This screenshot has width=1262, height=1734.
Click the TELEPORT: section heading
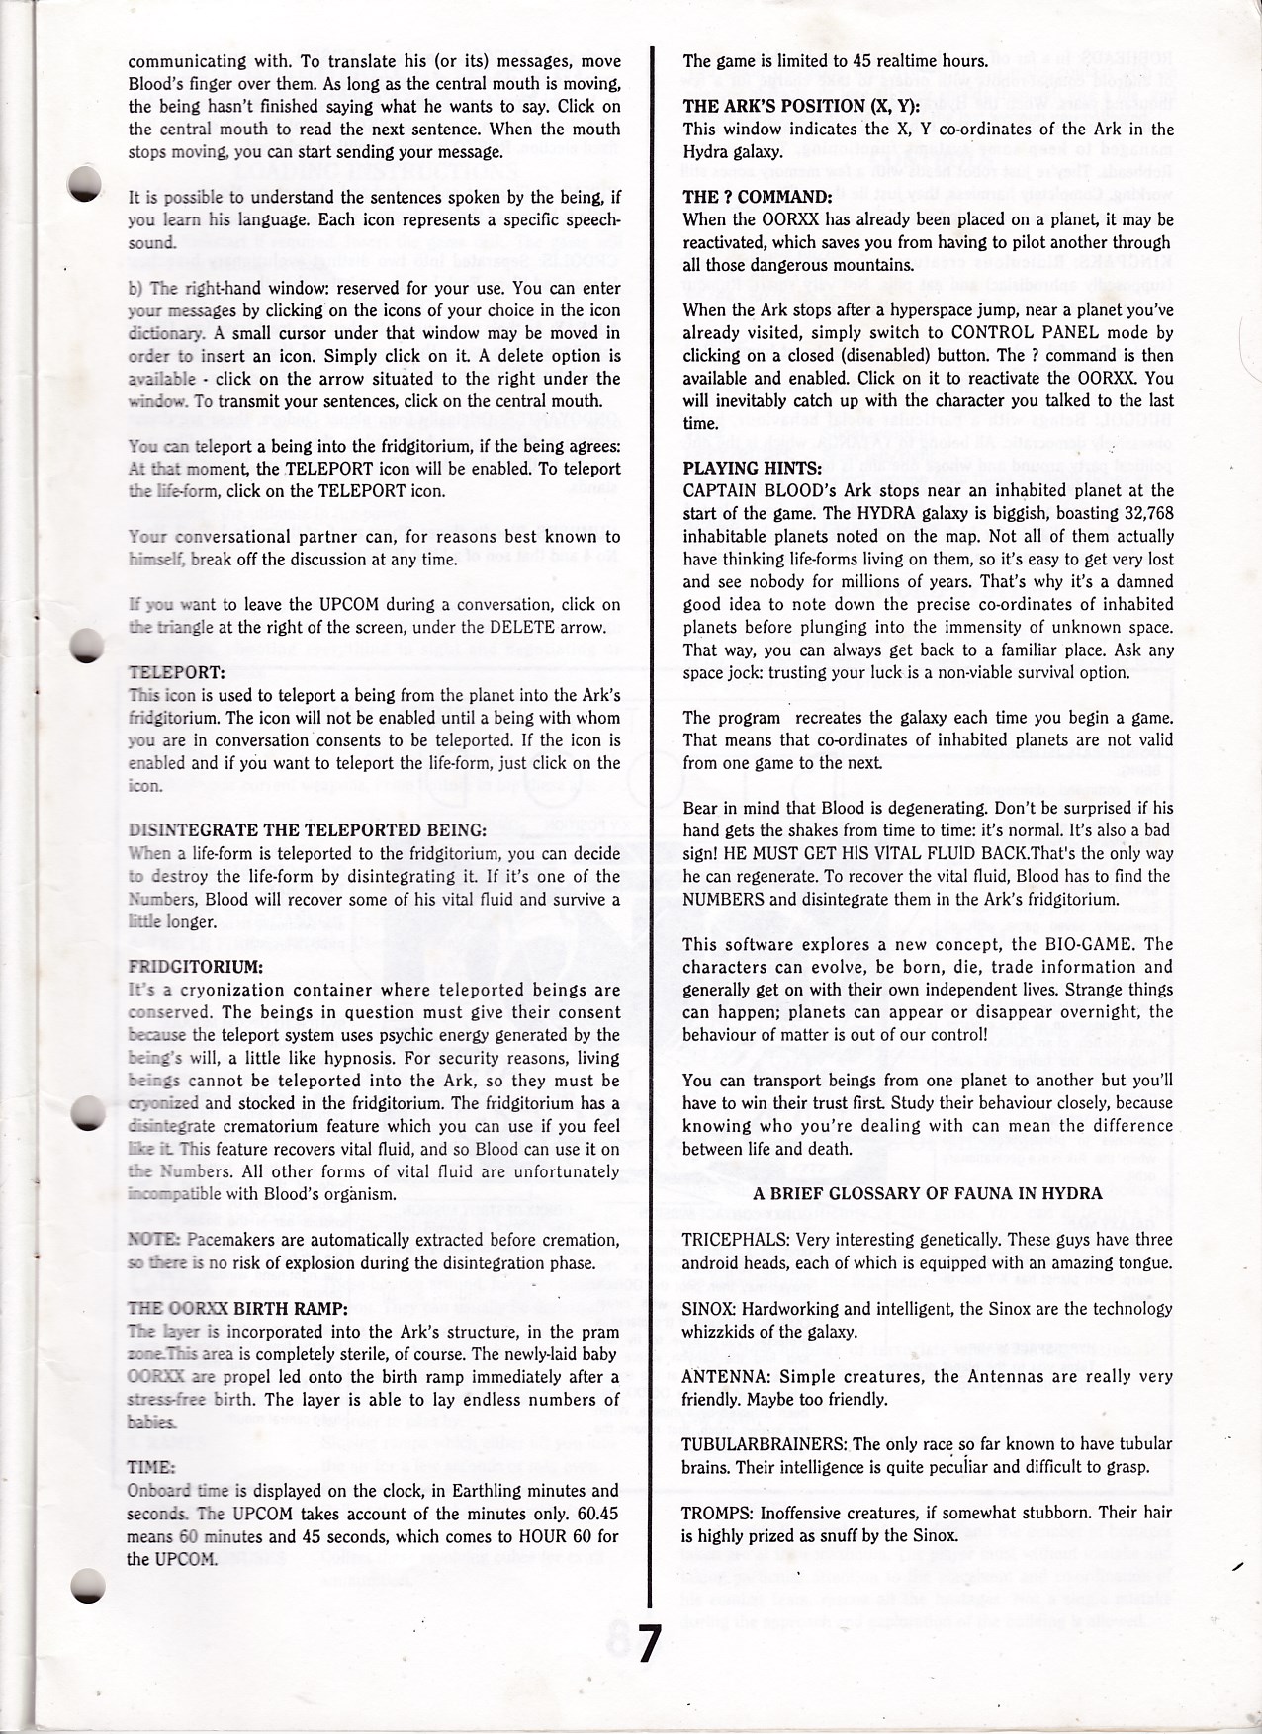[170, 672]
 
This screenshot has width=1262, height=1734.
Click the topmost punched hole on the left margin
[86, 185]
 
